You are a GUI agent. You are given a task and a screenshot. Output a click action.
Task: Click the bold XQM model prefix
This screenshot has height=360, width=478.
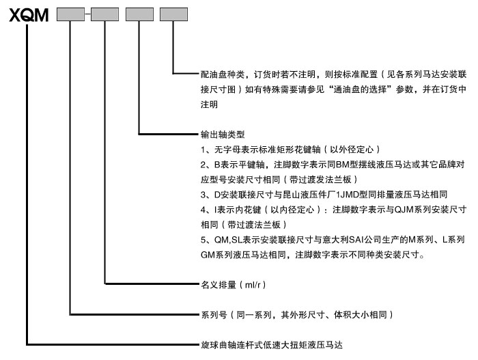(29, 15)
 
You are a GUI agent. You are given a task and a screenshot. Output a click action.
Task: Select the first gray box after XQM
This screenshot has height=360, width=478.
(71, 14)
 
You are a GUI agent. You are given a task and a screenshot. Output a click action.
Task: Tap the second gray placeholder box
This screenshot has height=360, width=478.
(105, 14)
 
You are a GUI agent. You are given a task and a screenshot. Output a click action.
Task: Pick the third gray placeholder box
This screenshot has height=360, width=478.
(139, 14)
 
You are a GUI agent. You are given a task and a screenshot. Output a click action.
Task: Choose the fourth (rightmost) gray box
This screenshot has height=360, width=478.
(173, 14)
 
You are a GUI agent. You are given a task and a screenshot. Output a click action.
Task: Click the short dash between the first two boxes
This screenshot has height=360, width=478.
(88, 14)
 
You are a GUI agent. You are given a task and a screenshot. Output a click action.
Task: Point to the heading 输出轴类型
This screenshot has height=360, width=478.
(223, 135)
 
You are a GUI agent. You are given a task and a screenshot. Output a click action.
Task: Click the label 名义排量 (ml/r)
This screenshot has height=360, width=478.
(234, 285)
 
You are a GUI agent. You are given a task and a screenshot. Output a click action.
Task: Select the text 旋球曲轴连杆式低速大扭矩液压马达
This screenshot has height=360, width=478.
(272, 345)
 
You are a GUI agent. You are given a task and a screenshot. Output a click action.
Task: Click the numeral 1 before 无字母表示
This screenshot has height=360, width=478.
(203, 150)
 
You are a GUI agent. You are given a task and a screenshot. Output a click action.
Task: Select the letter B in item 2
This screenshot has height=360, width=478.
(217, 165)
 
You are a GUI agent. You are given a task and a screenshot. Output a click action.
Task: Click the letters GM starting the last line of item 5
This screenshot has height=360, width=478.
(208, 255)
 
